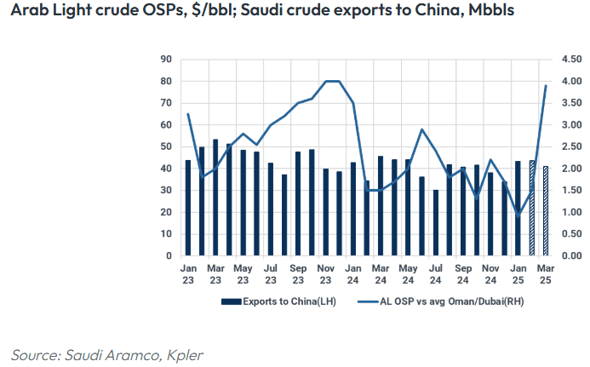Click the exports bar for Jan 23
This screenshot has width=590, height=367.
click(188, 208)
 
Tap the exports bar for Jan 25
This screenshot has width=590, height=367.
click(518, 208)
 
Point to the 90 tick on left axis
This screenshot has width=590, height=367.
click(166, 59)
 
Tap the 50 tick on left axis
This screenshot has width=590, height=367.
click(166, 146)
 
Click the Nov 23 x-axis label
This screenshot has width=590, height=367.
click(325, 273)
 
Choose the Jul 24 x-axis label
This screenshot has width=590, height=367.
click(435, 273)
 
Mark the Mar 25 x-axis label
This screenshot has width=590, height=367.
click(546, 273)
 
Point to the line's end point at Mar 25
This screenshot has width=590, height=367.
click(546, 85)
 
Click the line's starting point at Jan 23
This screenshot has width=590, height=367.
click(188, 114)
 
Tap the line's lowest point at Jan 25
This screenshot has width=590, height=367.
click(518, 216)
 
